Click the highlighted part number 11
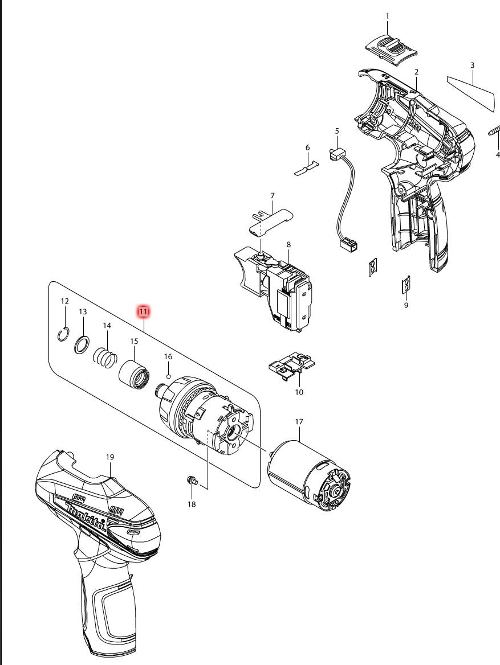point(143,312)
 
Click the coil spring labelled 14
point(105,358)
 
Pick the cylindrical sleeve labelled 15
point(134,373)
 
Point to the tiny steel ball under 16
point(169,376)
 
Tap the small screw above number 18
point(192,481)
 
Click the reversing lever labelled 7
point(271,220)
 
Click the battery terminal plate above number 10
point(292,366)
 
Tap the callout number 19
point(110,457)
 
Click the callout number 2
point(416,72)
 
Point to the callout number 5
point(337,131)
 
